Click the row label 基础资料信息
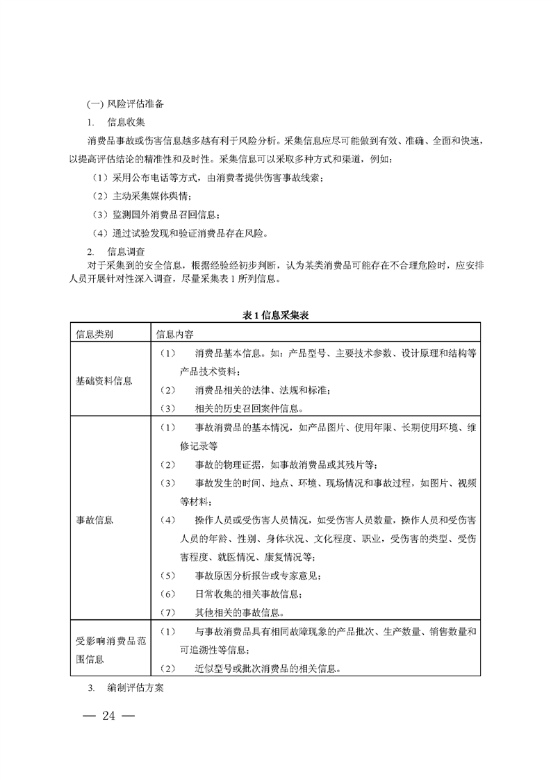104,380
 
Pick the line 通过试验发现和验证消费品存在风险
186,232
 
